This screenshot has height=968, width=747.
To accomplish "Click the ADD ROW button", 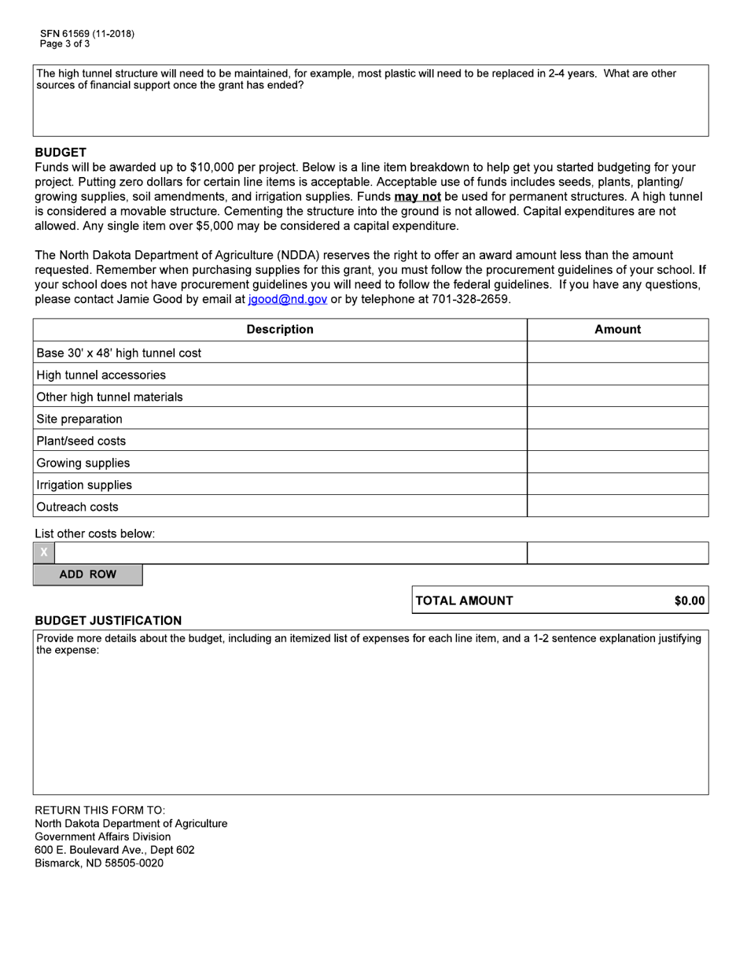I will click(87, 575).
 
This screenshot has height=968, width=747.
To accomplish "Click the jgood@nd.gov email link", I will click(287, 300).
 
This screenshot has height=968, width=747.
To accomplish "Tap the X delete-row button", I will click(44, 552).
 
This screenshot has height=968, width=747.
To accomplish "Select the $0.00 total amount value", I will click(689, 600).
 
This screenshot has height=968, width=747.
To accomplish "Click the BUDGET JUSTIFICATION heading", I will click(108, 620).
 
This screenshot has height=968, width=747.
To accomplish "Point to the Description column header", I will click(280, 330).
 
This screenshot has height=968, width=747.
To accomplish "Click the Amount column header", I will click(617, 330).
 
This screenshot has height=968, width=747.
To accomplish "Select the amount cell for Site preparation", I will click(617, 419).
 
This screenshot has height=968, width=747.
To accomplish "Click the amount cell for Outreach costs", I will click(617, 507).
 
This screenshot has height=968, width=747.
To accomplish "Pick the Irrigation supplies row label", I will click(84, 485).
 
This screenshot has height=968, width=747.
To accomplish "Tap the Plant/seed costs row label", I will click(81, 441).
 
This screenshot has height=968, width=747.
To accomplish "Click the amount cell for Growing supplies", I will click(617, 463).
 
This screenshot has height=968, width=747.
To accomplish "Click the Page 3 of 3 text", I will click(65, 44).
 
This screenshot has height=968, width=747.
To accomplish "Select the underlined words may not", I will click(417, 197).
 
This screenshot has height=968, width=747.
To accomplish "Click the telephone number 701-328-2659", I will click(470, 300).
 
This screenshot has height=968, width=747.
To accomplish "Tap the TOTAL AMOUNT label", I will click(464, 600).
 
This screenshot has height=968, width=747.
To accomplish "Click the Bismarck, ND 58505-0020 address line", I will click(99, 863).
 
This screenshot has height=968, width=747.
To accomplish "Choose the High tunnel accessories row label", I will click(101, 375).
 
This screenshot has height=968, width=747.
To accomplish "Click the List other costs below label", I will click(94, 534).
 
